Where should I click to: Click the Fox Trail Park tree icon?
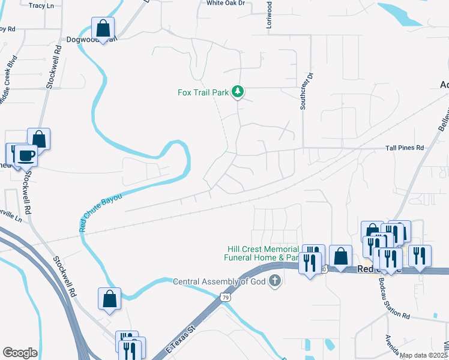point(238,91)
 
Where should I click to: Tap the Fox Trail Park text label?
point(203,92)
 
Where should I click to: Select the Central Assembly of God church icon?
point(274,281)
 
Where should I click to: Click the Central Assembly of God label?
point(219,281)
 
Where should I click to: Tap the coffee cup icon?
point(25,155)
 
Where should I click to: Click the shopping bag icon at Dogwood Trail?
point(103,28)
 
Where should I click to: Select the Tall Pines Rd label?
point(405,148)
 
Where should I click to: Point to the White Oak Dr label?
point(226,3)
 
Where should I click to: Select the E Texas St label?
point(181,337)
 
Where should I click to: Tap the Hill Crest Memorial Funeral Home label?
point(262,253)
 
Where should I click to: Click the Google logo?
point(20,353)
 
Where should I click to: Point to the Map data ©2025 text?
point(423,355)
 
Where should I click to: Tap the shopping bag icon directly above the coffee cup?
point(38,139)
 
